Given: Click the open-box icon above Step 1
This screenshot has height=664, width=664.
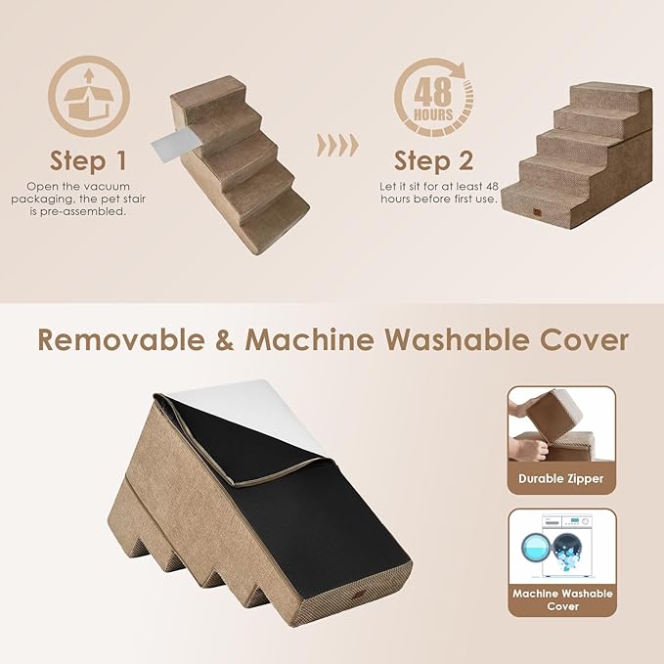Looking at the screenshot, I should [x=88, y=97].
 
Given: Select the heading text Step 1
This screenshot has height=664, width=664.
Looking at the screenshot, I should [x=88, y=160].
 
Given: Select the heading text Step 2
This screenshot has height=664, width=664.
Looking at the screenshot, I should [x=433, y=160].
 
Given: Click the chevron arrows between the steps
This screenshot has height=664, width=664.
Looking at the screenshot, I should [x=338, y=146].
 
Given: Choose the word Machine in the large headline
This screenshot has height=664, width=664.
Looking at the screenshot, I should [x=309, y=339].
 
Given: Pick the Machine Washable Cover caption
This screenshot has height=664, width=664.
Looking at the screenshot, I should [x=561, y=599].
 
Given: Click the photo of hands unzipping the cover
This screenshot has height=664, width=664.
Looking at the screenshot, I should [x=560, y=426].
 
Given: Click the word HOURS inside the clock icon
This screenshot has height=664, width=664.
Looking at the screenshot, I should [x=432, y=114].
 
